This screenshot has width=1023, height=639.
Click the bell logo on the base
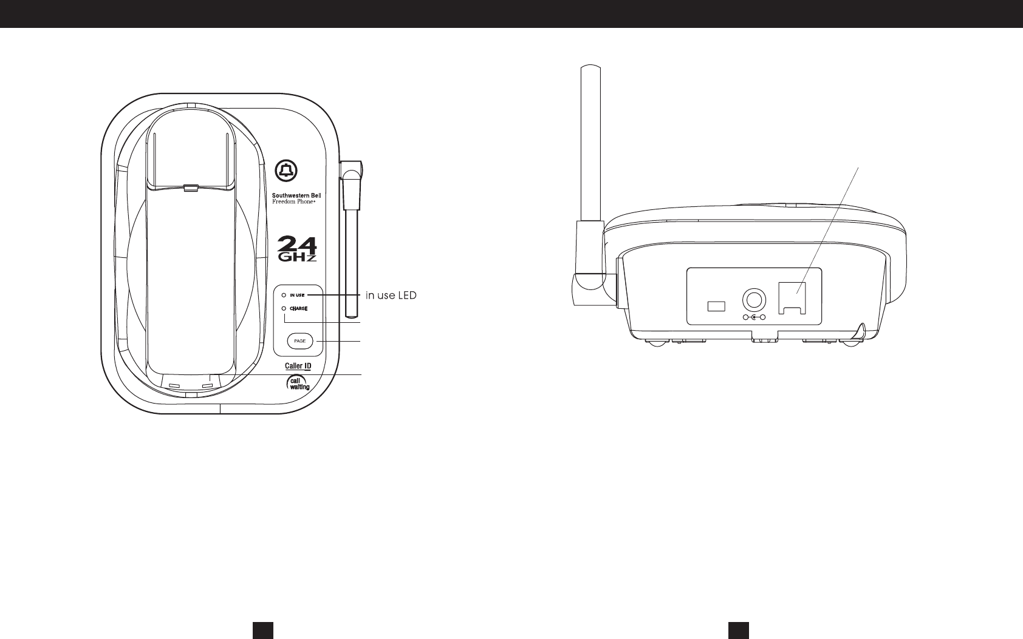coord(286,171)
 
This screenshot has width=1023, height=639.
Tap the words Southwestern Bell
coord(296,195)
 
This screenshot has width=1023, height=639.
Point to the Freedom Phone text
coord(293,201)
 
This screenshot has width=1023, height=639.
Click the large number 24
coord(297,243)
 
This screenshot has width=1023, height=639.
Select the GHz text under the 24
coord(297,257)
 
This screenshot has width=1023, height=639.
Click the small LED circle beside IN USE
coord(284,295)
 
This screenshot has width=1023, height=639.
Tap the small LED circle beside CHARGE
coord(284,308)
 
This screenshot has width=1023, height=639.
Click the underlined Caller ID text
coord(298,367)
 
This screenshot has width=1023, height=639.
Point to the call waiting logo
coord(298,383)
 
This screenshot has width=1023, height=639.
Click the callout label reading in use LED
coord(391,296)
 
